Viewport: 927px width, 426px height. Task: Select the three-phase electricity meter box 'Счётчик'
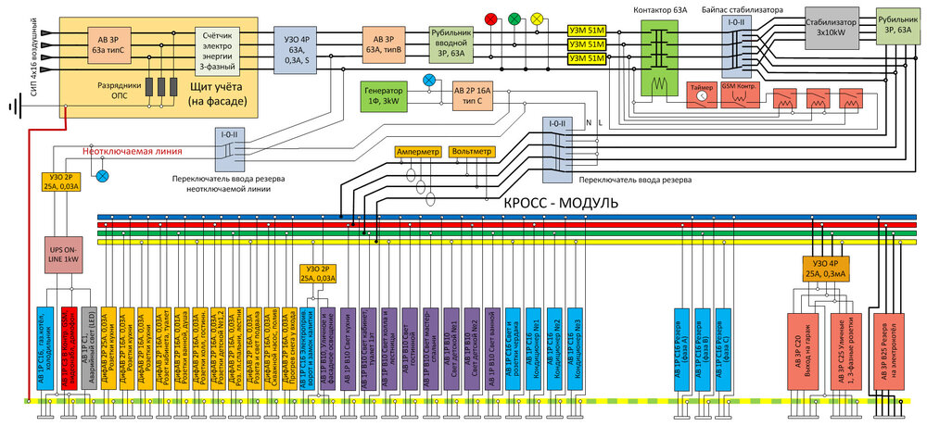point(222,45)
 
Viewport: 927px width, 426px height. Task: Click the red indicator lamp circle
point(491,19)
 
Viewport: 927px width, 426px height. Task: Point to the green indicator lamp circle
point(514,19)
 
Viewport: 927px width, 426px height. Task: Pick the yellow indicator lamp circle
point(537,19)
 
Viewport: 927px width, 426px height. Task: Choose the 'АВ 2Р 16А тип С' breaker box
point(473,94)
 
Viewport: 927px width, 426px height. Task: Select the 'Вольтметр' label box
point(471,150)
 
